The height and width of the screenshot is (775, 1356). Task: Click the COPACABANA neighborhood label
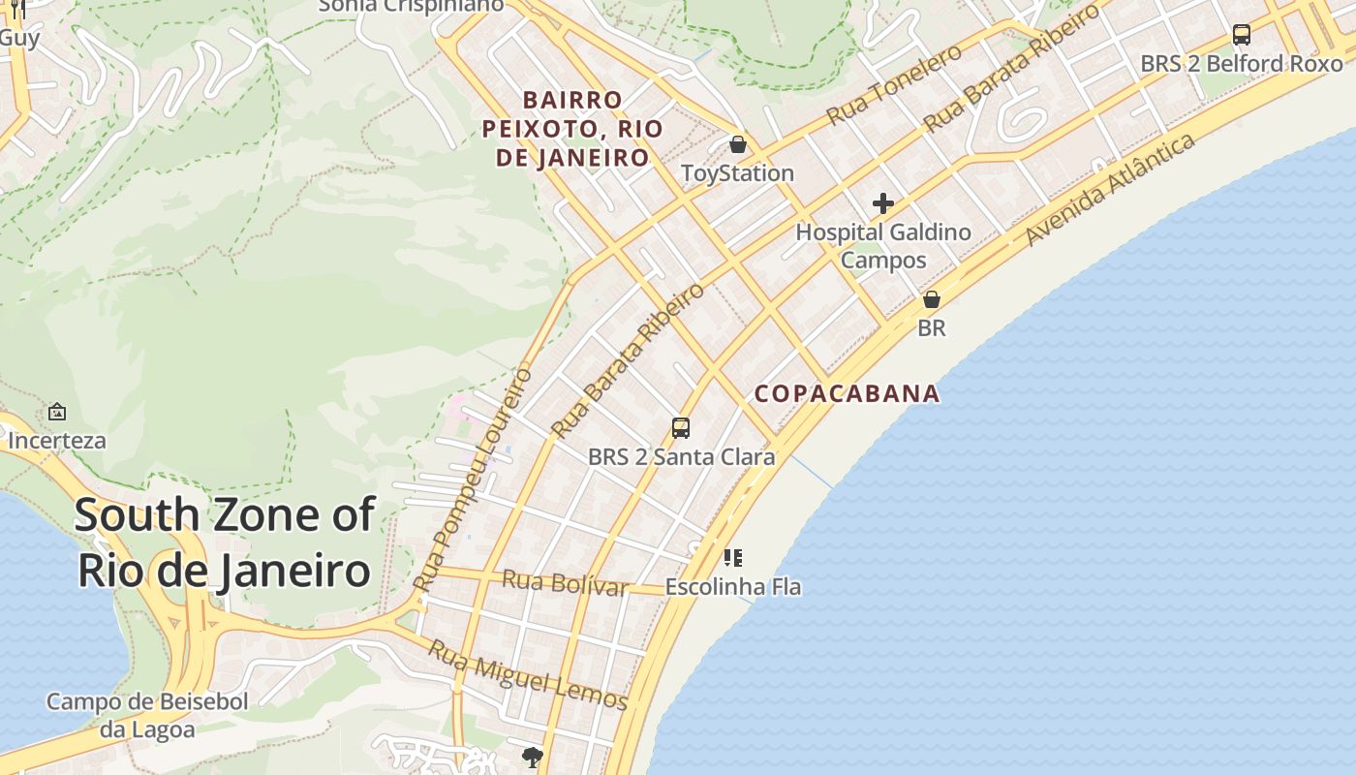click(x=847, y=393)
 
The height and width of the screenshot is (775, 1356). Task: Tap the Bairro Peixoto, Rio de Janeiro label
click(x=572, y=129)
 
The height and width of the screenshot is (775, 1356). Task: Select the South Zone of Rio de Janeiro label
click(x=224, y=542)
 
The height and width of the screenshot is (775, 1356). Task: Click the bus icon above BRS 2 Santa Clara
click(x=681, y=427)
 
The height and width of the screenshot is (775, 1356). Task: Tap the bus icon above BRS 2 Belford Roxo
click(x=1241, y=35)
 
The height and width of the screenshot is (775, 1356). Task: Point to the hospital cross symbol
click(x=882, y=203)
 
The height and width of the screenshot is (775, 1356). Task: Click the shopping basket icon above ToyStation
click(x=738, y=144)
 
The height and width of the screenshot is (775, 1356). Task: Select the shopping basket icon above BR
click(x=931, y=299)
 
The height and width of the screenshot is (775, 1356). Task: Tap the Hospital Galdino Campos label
click(x=882, y=246)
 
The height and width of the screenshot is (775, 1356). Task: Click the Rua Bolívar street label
click(x=565, y=583)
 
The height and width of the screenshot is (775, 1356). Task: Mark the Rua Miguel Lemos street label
click(x=528, y=675)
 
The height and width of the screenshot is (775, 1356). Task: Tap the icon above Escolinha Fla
click(x=733, y=557)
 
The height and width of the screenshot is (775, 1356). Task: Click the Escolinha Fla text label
click(x=732, y=587)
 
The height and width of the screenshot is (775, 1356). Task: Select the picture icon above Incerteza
click(x=57, y=412)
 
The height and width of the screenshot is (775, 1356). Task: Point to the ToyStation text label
click(x=737, y=173)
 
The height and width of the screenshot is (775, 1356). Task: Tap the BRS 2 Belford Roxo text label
click(x=1241, y=64)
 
